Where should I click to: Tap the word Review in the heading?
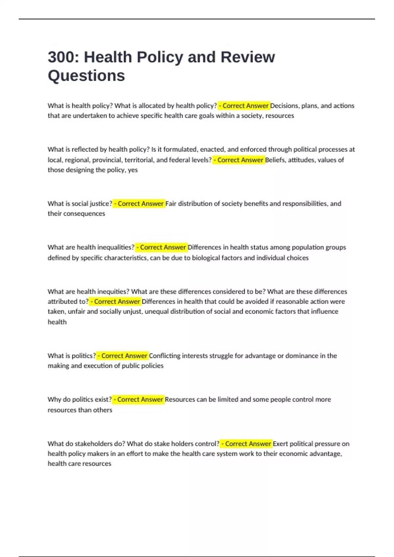[248, 57]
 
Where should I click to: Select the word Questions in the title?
[86, 76]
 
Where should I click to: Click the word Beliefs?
[275, 160]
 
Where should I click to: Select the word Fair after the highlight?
[171, 203]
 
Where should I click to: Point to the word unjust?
[132, 312]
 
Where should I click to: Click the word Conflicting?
[164, 356]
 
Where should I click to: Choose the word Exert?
[280, 444]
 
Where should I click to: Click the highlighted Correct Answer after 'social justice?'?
[139, 203]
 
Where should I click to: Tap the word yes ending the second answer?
[133, 170]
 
